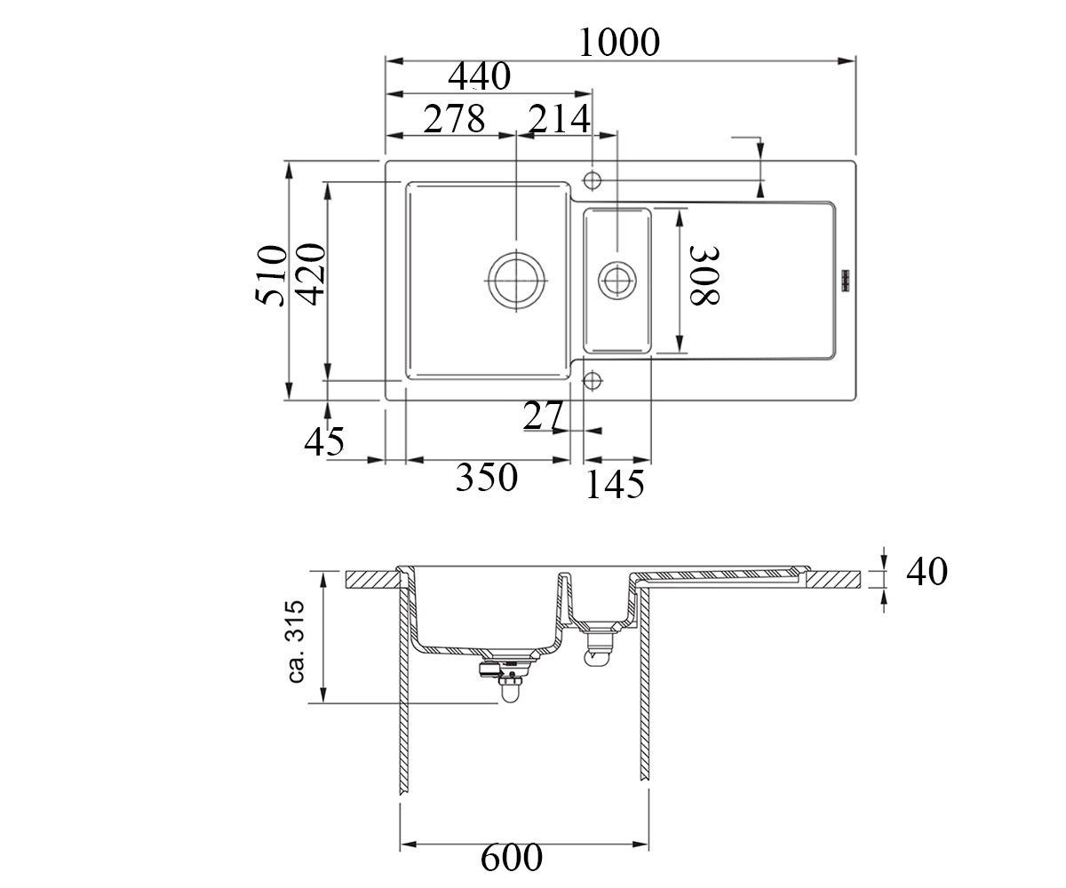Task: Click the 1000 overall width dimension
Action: [x=619, y=43]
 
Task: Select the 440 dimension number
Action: [x=480, y=76]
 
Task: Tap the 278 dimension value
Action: [x=454, y=119]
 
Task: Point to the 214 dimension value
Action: [x=559, y=119]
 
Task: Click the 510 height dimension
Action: [x=271, y=275]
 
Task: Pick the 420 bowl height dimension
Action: [x=310, y=274]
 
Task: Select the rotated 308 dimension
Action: [x=705, y=275]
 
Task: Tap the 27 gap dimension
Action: [x=543, y=416]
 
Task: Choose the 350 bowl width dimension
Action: [x=487, y=477]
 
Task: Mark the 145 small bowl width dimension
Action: [x=615, y=484]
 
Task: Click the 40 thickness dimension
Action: [x=927, y=572]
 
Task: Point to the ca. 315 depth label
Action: [x=296, y=641]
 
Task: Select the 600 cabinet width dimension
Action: [x=512, y=858]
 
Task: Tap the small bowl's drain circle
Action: [x=617, y=280]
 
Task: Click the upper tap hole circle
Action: [x=593, y=180]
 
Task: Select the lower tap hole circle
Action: [x=593, y=380]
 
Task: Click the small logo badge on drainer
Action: [x=845, y=281]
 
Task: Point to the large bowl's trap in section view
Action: [x=507, y=678]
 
